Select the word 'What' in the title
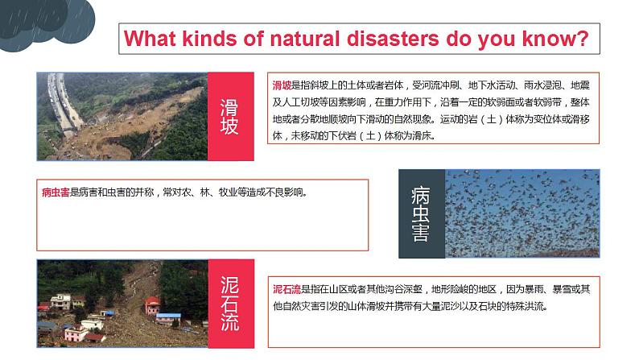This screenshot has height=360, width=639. (155, 39)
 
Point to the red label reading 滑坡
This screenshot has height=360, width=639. (230, 116)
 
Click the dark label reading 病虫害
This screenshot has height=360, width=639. (421, 213)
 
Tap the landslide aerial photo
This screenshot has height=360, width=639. (122, 116)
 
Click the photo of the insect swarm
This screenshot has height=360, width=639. (522, 213)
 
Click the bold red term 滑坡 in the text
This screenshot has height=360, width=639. (282, 85)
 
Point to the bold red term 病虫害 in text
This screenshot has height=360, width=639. (56, 192)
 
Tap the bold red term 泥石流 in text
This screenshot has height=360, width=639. (286, 289)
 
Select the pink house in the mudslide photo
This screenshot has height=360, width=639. (152, 305)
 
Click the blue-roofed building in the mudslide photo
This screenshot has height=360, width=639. (169, 317)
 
